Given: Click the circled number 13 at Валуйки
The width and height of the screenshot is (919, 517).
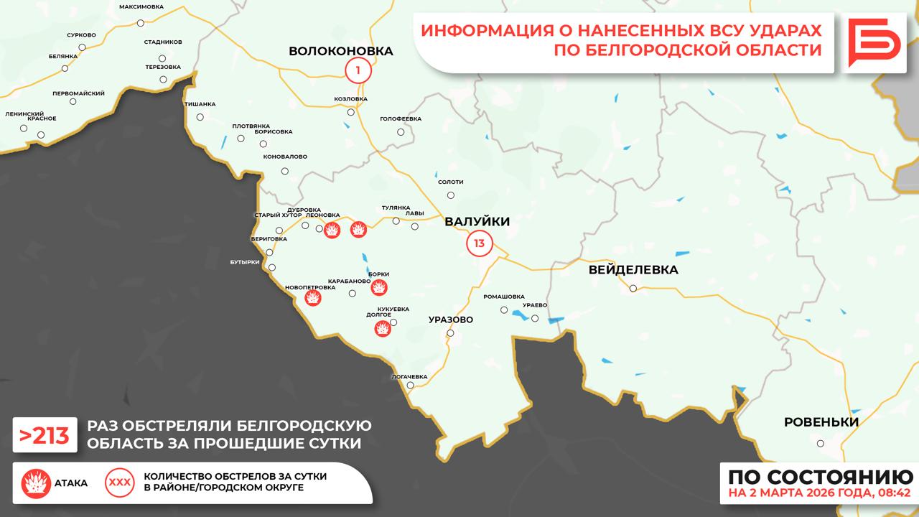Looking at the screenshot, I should [479, 243].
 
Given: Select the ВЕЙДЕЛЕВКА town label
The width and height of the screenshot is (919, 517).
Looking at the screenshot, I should [633, 270].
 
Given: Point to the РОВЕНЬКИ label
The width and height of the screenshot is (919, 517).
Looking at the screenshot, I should [821, 422].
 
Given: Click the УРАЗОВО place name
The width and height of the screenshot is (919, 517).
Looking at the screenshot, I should [450, 320].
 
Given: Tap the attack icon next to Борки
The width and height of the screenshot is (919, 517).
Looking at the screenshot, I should [379, 287].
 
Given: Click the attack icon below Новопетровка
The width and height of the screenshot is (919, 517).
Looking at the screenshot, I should [313, 299].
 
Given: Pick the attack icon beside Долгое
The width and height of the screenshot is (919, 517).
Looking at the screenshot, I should [383, 329].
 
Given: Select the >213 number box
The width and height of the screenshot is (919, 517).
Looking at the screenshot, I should [45, 435].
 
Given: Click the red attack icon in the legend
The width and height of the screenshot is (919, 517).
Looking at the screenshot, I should [35, 483].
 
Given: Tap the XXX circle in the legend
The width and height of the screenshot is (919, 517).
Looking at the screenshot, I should [119, 483].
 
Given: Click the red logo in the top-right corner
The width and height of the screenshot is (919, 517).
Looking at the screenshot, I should [874, 43].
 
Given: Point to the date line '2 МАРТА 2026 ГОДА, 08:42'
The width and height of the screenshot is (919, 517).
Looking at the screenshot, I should [819, 493].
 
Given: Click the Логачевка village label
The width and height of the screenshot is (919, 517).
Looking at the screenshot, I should [409, 376].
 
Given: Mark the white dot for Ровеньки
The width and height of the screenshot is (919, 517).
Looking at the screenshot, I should [821, 443].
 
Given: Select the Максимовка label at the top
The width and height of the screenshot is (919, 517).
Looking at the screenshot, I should [141, 6].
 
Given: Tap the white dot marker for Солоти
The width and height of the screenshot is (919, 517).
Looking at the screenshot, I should [451, 195].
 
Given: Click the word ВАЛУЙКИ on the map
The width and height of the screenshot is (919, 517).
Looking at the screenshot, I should [477, 222].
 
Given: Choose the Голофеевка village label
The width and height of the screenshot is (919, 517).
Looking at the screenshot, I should [401, 118].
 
